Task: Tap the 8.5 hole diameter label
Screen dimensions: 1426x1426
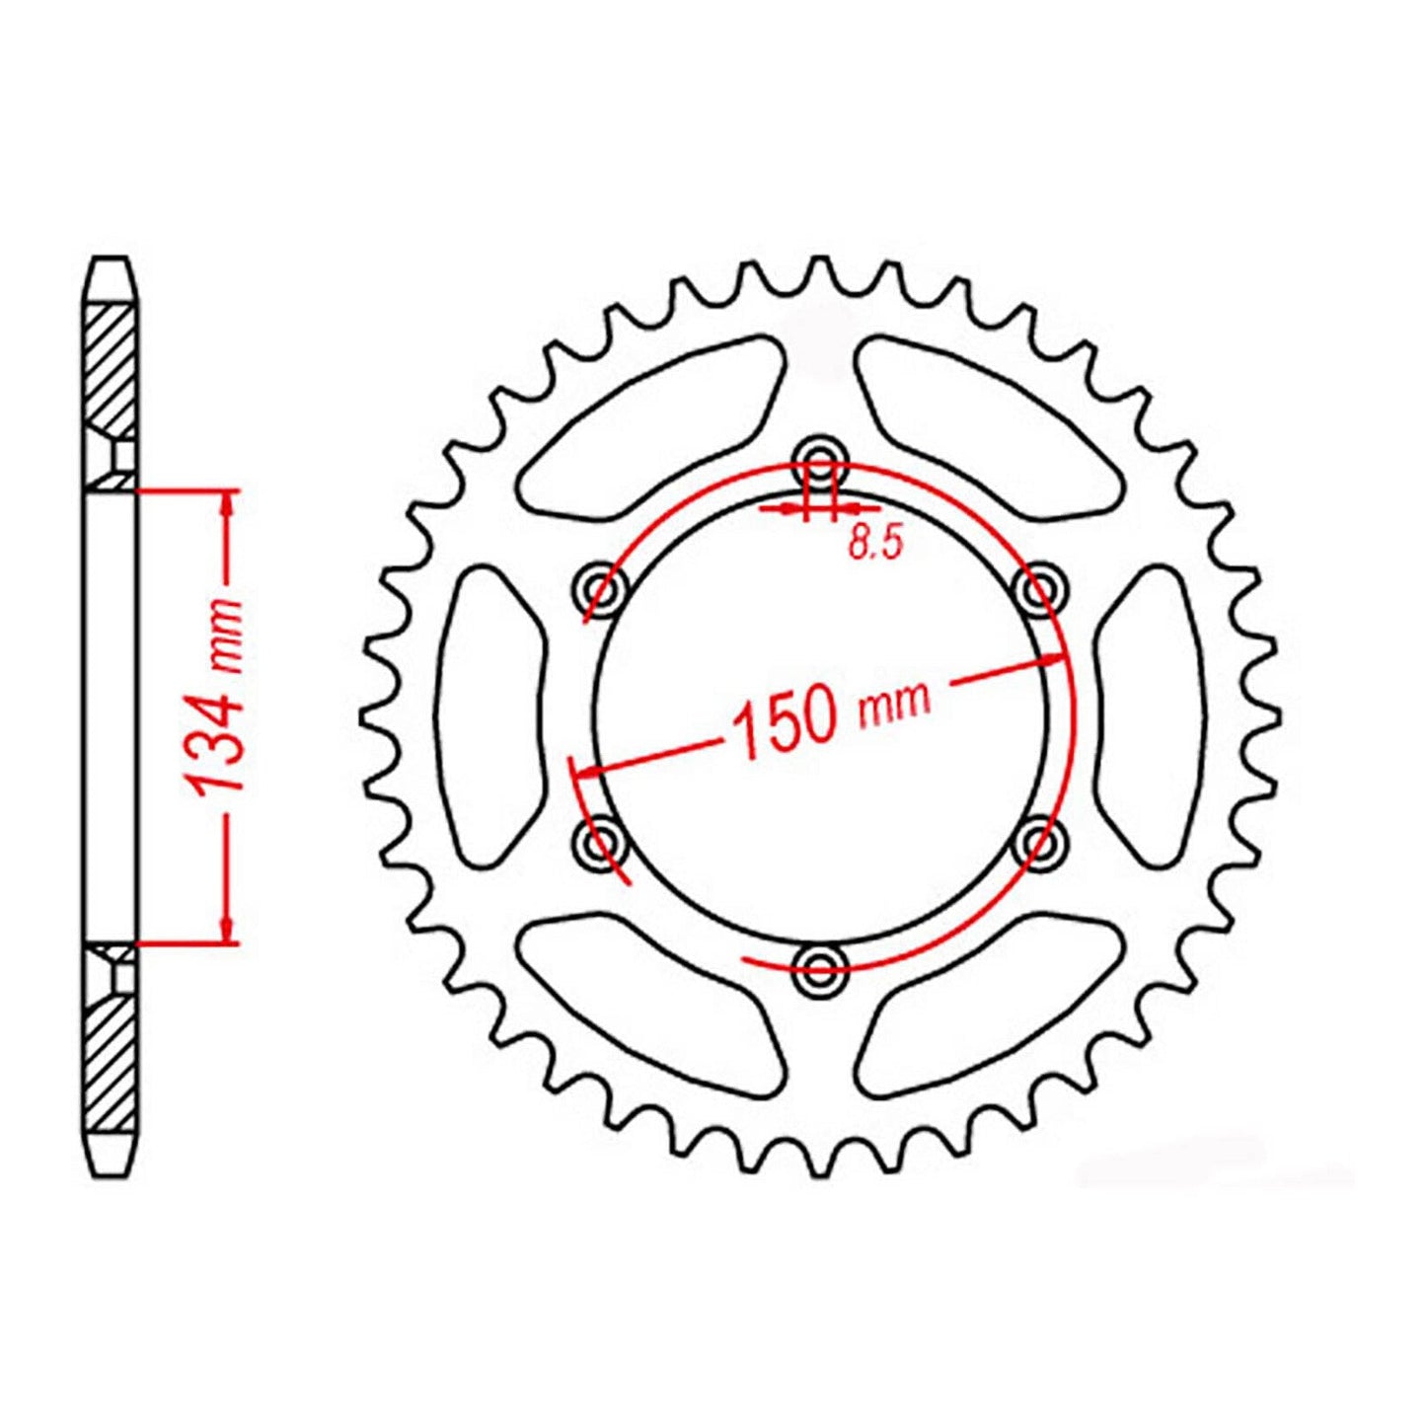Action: pos(875,543)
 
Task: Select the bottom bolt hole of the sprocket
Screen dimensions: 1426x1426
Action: pos(820,966)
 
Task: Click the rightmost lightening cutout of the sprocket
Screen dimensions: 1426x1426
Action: pos(1150,711)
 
